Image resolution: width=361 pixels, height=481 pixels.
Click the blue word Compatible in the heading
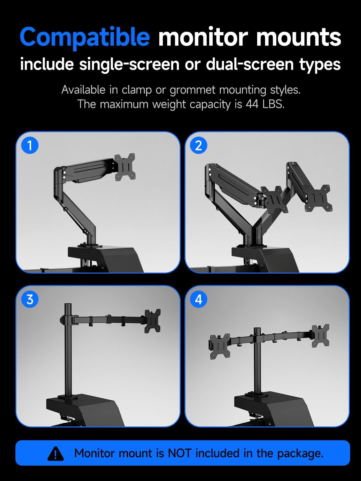pos(85,37)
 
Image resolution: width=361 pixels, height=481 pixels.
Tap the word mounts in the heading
pos(298,37)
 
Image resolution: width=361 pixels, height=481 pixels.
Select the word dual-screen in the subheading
pos(250,64)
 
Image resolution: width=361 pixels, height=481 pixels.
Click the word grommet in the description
pos(192,90)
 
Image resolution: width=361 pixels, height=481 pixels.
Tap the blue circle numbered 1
pos(30,146)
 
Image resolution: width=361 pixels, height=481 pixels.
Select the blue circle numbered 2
pos(199,146)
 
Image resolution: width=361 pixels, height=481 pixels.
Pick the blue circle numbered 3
pos(30,299)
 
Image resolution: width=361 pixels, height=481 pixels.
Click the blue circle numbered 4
pos(199,299)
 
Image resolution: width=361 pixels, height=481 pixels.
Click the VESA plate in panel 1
pos(125,167)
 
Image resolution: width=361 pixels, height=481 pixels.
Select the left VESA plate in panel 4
pos(220,346)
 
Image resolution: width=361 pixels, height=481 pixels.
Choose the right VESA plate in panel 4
pos(321,335)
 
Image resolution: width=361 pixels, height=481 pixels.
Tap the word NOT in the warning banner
pos(179,453)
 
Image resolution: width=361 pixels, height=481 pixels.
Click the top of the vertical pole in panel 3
pos(68,305)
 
